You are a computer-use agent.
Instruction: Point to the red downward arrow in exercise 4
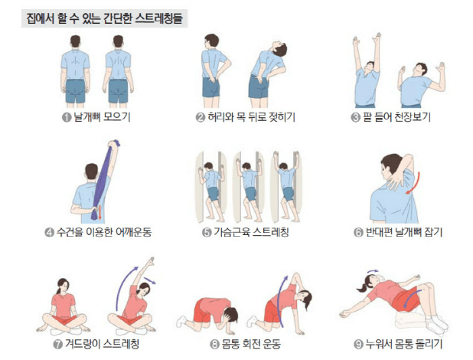click(98, 212)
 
